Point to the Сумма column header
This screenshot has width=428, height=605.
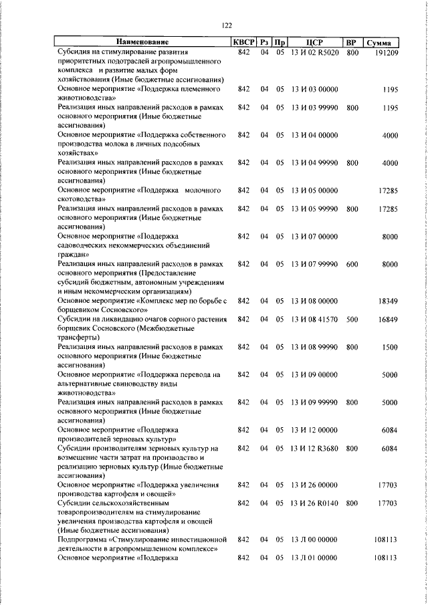click(x=383, y=43)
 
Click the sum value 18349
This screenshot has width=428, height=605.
click(x=388, y=301)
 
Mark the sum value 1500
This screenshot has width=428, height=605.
click(x=390, y=347)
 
